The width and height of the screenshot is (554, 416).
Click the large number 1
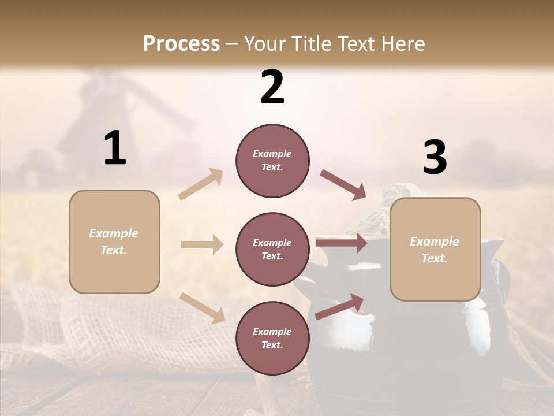pyautogui.click(x=115, y=148)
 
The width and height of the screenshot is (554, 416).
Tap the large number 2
pyautogui.click(x=272, y=87)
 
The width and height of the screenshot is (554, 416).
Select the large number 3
pyautogui.click(x=435, y=158)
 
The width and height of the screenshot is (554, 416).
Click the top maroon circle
pyautogui.click(x=272, y=161)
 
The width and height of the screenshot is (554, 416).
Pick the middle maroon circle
pyautogui.click(x=272, y=249)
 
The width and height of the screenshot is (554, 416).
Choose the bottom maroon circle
pyautogui.click(x=272, y=338)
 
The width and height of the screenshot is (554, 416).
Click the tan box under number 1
pyautogui.click(x=114, y=242)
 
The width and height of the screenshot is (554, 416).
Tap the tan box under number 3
pyautogui.click(x=435, y=249)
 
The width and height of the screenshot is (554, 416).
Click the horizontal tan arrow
pyautogui.click(x=202, y=244)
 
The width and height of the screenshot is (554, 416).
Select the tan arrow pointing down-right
pyautogui.click(x=203, y=307)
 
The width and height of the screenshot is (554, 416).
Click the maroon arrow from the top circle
pyautogui.click(x=343, y=184)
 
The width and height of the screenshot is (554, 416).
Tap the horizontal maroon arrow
pyautogui.click(x=341, y=243)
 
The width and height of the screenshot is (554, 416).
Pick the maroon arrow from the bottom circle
pyautogui.click(x=340, y=306)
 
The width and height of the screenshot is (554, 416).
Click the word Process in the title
pyautogui.click(x=181, y=43)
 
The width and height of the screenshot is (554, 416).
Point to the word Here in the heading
pyautogui.click(x=402, y=43)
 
